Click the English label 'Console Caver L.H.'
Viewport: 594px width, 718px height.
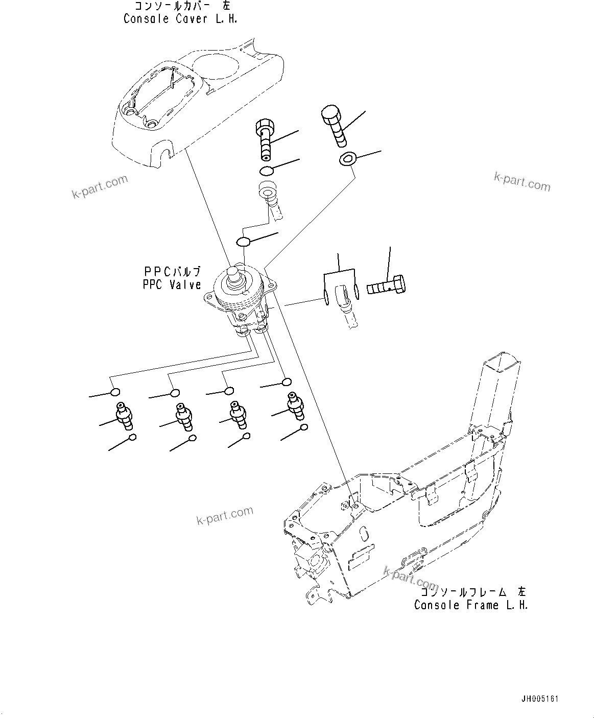click(x=180, y=19)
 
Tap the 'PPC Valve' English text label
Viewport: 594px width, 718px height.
click(x=172, y=285)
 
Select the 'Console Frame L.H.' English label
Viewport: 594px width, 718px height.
click(x=470, y=605)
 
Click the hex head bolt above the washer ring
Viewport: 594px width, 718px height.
click(x=334, y=124)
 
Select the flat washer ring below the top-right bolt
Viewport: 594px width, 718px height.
click(x=347, y=159)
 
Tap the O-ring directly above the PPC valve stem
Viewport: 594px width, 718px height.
click(x=244, y=241)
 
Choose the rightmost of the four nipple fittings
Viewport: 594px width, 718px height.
click(x=294, y=405)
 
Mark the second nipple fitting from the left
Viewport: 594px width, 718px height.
click(x=183, y=416)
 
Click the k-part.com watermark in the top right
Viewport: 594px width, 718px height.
click(x=522, y=182)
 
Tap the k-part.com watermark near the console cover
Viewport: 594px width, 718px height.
click(x=100, y=187)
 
